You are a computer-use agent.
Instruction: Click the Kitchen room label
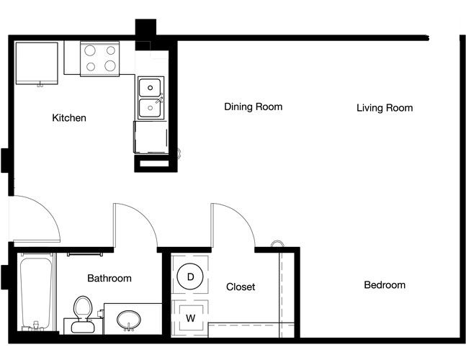tap(69, 118)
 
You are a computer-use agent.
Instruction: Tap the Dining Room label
tap(254, 107)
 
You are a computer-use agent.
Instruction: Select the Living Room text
tap(385, 108)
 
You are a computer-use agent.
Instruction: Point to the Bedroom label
tap(385, 285)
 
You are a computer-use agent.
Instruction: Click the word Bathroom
tap(109, 279)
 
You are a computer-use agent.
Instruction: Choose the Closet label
tap(241, 287)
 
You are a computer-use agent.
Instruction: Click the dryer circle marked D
tap(190, 276)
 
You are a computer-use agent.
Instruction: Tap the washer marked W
tap(190, 318)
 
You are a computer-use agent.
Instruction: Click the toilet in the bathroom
tap(82, 315)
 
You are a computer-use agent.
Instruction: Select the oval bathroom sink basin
tap(129, 320)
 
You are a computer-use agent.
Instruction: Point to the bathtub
tap(36, 292)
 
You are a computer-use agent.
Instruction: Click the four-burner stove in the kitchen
tap(100, 59)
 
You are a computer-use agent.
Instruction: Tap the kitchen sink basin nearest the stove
tap(150, 88)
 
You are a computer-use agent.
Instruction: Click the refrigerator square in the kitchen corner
tap(37, 63)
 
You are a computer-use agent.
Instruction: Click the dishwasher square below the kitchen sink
tap(151, 137)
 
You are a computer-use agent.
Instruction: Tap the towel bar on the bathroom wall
tap(85, 254)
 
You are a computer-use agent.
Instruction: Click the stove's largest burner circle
tap(110, 66)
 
